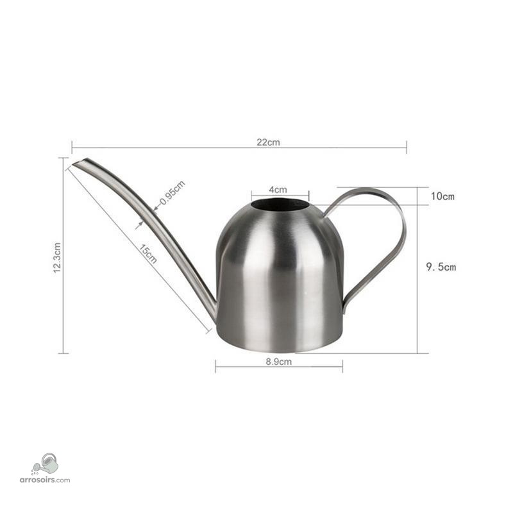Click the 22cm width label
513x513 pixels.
(268, 142)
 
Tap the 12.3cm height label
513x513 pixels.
(57, 258)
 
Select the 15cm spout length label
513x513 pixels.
(148, 253)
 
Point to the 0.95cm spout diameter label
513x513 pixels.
(172, 192)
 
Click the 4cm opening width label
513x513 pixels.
(278, 189)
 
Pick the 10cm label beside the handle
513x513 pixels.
(442, 196)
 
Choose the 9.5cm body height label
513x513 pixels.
(441, 267)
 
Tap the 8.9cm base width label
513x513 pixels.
(278, 362)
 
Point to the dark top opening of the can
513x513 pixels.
(280, 205)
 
